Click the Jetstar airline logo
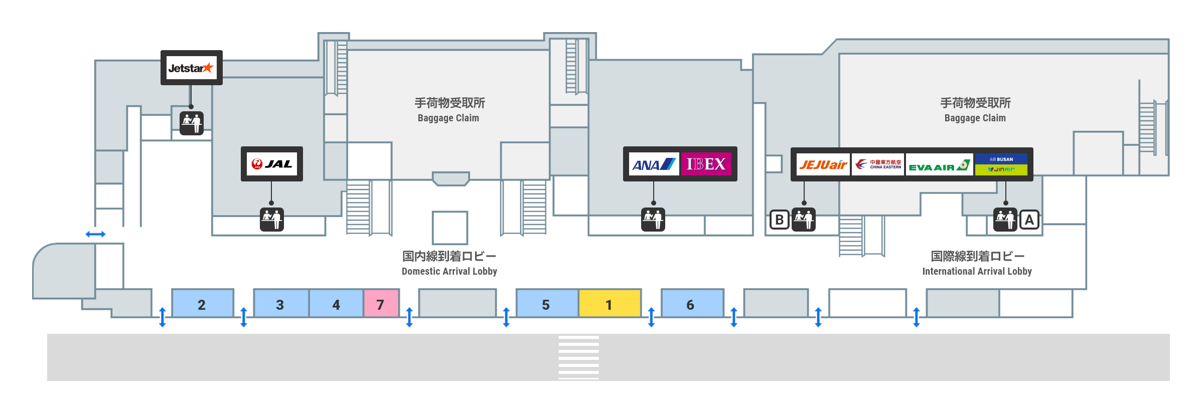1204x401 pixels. point(191,68)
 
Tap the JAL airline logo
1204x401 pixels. point(271,164)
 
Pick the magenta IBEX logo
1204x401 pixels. point(706,164)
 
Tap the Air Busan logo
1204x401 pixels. point(1001,159)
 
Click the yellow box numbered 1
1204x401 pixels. point(610,303)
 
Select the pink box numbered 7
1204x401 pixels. point(381,303)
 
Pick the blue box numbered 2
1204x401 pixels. point(203,303)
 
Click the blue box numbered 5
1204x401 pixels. point(547,303)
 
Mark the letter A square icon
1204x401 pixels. point(1029,220)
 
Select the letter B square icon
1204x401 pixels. point(779,220)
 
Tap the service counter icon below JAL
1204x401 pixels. point(271,219)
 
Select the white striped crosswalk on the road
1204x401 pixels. point(578,357)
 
